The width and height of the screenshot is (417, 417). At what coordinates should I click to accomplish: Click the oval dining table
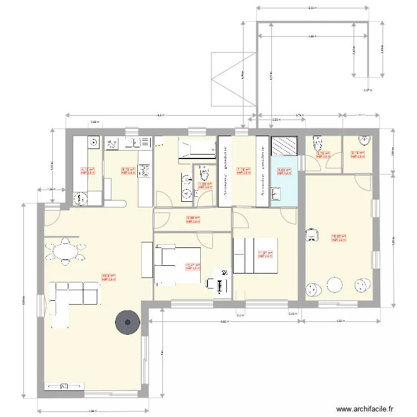(66, 251)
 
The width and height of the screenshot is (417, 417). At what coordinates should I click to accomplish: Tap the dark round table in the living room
(127, 322)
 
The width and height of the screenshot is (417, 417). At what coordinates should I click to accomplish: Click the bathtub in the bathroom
(196, 150)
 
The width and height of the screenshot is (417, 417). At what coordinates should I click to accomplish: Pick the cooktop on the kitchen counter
(145, 171)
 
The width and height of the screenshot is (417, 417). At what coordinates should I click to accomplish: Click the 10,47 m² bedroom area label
(192, 266)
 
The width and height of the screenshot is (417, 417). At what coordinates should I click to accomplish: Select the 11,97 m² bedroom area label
(265, 254)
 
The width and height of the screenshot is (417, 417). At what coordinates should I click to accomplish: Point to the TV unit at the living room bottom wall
(65, 386)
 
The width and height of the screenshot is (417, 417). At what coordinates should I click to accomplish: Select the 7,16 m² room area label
(244, 171)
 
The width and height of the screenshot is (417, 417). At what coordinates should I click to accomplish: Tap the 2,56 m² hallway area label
(192, 219)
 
